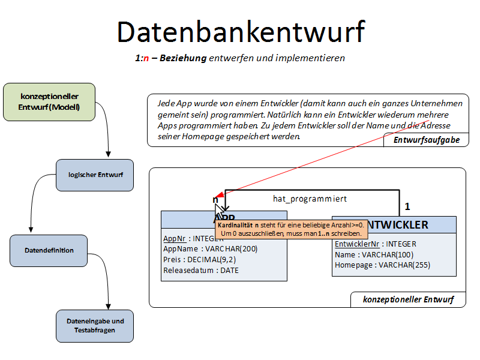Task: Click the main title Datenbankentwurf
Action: (x=241, y=31)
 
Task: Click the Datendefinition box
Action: (x=49, y=250)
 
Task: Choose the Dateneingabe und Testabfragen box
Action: (x=95, y=325)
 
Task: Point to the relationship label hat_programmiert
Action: (x=310, y=198)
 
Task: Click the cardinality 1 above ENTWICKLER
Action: (x=407, y=206)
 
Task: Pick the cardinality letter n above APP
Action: (x=215, y=199)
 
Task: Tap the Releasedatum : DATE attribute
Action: (x=200, y=271)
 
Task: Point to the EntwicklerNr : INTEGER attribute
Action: (x=375, y=244)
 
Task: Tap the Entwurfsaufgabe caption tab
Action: (x=427, y=140)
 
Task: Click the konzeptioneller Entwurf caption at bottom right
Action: (x=408, y=299)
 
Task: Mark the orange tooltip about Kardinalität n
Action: (x=291, y=228)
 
